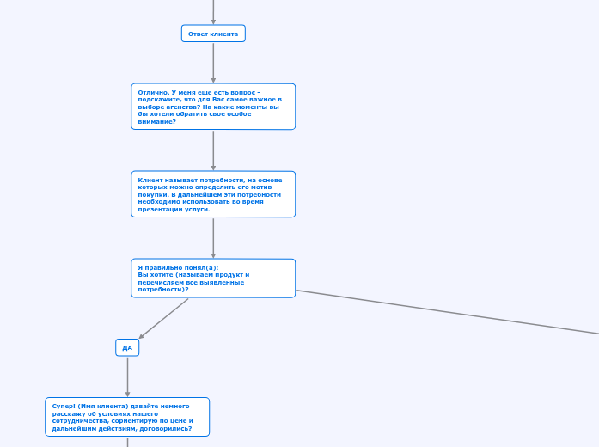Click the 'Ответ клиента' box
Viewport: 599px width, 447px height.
coord(213,34)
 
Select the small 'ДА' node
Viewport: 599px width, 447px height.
coord(127,347)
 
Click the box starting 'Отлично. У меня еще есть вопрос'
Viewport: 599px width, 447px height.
coord(213,107)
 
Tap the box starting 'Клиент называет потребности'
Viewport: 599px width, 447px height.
coord(213,194)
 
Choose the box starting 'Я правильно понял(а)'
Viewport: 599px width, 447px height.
coord(213,278)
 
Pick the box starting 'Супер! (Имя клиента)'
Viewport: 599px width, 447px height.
coord(127,417)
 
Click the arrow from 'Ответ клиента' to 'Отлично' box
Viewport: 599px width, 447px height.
coord(213,62)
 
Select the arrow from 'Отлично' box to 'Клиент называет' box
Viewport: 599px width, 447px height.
coord(213,150)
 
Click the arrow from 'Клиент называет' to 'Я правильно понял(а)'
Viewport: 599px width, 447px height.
coord(213,238)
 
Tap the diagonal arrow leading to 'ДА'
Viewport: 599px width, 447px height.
coord(163,319)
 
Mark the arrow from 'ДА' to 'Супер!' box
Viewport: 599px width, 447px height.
coord(127,377)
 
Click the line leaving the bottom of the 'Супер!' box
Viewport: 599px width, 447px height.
coord(127,442)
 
